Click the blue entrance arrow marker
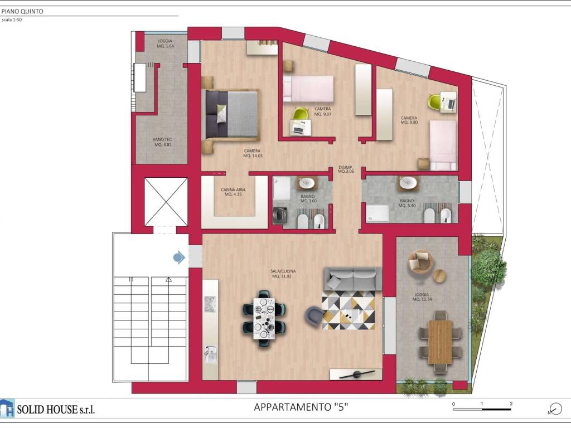pos(179,257)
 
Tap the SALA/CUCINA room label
pos(284,274)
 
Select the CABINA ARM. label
pos(235,192)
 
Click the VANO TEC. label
pos(162,142)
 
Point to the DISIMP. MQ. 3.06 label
pos(346,169)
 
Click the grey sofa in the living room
pos(353,279)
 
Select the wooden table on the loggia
pos(441,341)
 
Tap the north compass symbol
pos(555,408)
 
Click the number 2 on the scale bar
pos(511,403)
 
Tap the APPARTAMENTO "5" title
pos(301,407)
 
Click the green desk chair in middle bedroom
pos(300,114)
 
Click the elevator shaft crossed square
pos(166,202)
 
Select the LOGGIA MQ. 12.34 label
pos(422,297)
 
